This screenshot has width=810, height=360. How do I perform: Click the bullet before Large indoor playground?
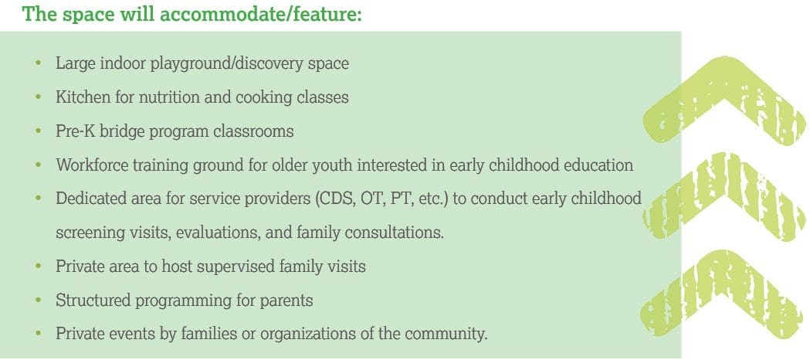[x=39, y=63]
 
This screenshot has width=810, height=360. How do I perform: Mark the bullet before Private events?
[x=39, y=334]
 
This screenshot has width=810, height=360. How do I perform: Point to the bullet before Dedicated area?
[x=39, y=199]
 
